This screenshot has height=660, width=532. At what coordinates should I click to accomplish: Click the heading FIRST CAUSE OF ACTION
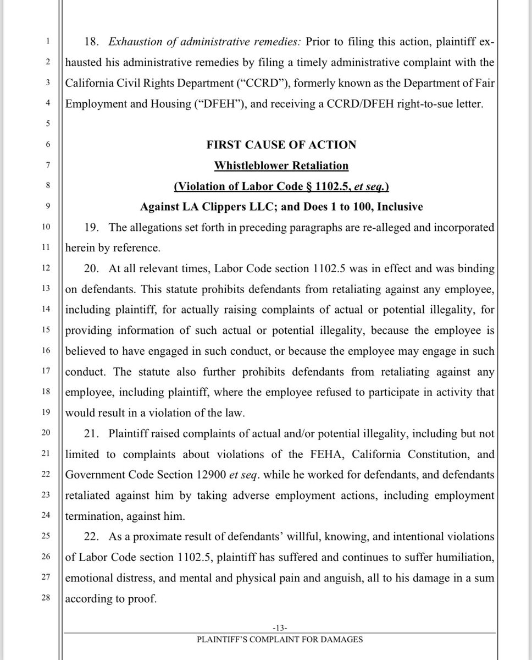pyautogui.click(x=281, y=145)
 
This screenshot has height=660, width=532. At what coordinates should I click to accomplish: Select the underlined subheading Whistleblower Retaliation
pyautogui.click(x=281, y=165)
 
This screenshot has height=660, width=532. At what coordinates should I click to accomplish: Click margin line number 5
pyautogui.click(x=48, y=124)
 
